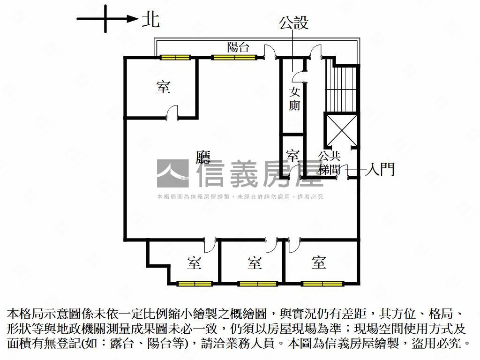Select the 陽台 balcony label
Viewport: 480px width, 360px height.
coord(238,47)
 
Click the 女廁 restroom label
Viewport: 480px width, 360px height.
coord(294,98)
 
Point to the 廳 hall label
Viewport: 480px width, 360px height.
coord(203,157)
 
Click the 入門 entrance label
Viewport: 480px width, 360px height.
coord(382,169)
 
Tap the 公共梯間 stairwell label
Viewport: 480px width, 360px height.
coord(329,162)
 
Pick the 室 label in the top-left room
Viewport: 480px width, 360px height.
coord(163,87)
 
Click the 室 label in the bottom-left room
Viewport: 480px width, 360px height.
coord(194,263)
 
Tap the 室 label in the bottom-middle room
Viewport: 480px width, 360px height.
coord(255,263)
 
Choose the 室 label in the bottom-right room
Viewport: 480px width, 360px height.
coord(319,262)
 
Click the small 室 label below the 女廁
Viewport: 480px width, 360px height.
coord(292,155)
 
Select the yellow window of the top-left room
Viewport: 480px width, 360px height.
coord(175,58)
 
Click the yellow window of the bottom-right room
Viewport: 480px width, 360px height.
coord(322,284)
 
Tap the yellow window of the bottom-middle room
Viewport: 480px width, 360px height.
coord(257,284)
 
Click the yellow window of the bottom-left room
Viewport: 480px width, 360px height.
coord(195,284)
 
